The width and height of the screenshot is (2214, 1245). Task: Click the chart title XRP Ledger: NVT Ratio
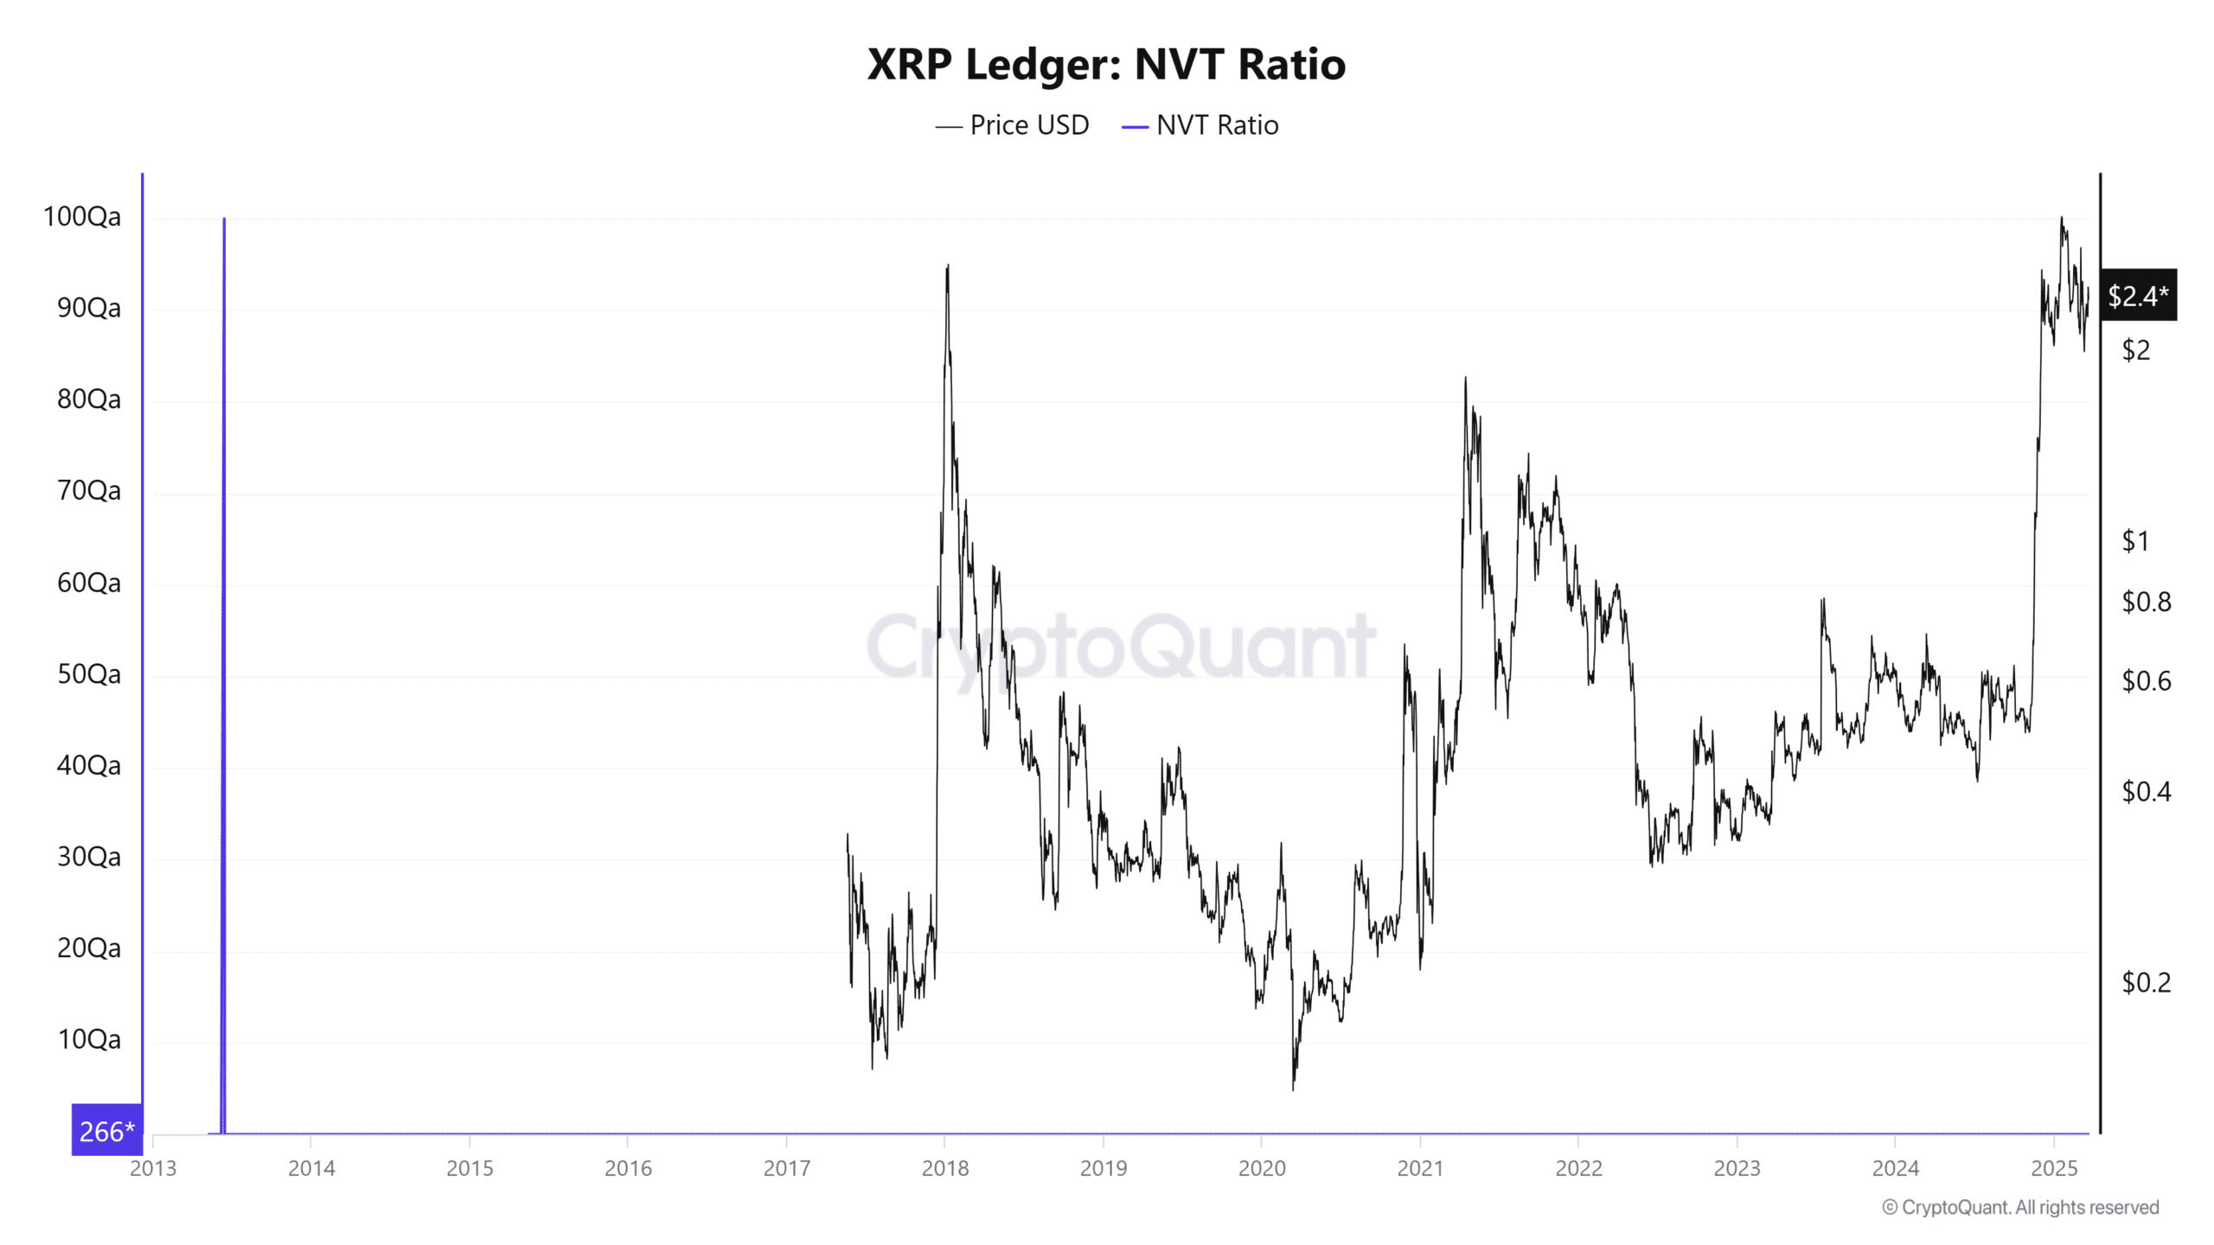[x=1106, y=65]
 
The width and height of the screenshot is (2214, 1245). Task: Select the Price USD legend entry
[x=1012, y=125]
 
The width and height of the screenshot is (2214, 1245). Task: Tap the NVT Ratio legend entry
[x=1200, y=125]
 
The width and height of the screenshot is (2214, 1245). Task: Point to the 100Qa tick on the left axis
[x=82, y=216]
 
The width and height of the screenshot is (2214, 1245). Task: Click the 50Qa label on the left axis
[x=89, y=674]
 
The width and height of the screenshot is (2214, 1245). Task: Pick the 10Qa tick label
[x=89, y=1039]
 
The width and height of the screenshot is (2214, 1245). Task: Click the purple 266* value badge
[x=106, y=1131]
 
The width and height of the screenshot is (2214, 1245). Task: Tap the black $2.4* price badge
[x=2138, y=296]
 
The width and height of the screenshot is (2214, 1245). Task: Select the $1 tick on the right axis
[x=2134, y=541]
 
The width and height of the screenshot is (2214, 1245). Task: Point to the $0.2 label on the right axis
[x=2146, y=982]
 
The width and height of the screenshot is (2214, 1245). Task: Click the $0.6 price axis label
[x=2146, y=681]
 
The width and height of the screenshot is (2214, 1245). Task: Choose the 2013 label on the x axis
[x=153, y=1168]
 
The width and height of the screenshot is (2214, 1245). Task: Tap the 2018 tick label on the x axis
[x=945, y=1168]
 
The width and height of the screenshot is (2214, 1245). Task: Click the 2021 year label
[x=1420, y=1168]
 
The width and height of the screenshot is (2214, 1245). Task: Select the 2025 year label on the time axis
[x=2054, y=1168]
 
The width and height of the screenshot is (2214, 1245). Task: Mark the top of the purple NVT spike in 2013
[x=224, y=220]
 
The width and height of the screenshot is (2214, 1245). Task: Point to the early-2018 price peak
[x=948, y=267]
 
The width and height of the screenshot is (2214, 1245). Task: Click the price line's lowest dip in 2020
[x=1293, y=1088]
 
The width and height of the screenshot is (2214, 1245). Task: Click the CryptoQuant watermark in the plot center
[x=1120, y=647]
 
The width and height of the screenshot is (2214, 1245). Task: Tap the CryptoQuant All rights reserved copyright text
[x=2020, y=1207]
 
